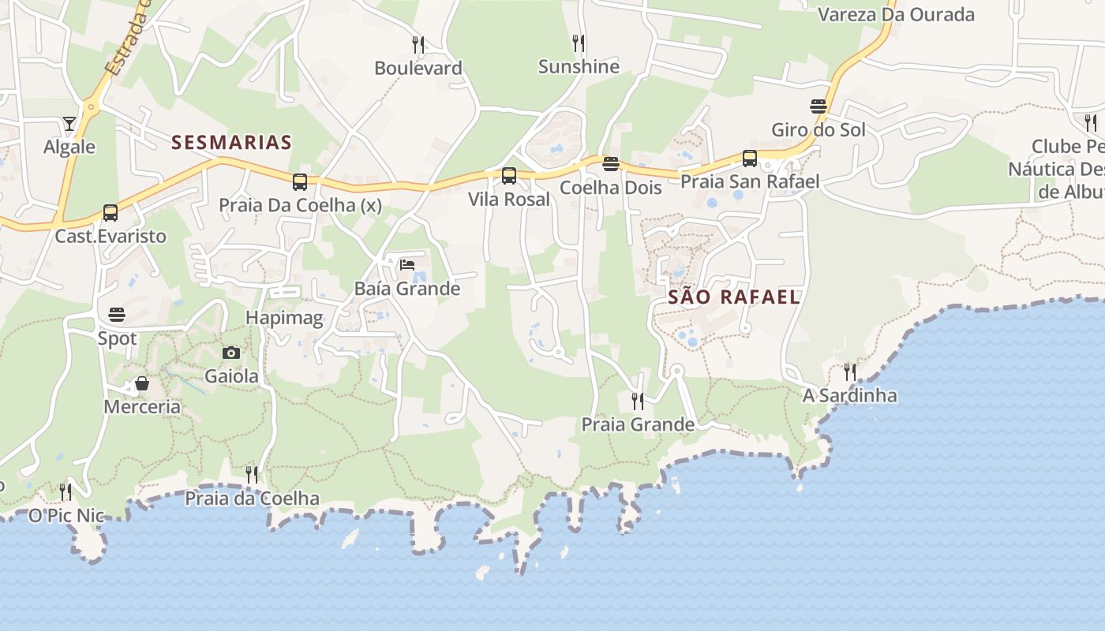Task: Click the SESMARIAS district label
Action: [231, 143]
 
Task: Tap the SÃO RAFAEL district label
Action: [734, 297]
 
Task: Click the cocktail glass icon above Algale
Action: [69, 123]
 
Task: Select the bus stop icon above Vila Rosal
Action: [509, 176]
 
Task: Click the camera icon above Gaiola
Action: [231, 353]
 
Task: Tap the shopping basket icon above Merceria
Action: [142, 383]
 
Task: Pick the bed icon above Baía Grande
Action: [407, 264]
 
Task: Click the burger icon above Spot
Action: [117, 315]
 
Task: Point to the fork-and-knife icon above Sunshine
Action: [579, 43]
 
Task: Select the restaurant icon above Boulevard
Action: [418, 44]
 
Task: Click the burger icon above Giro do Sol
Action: [818, 106]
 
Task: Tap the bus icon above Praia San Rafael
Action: [750, 158]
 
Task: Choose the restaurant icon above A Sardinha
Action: [849, 372]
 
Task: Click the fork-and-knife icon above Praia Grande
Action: [638, 401]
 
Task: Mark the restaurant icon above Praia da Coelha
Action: [252, 474]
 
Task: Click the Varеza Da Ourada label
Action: [896, 14]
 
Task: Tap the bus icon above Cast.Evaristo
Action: [110, 212]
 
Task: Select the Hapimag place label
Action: [284, 319]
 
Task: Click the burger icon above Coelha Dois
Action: [611, 164]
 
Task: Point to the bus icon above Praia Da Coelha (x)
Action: [300, 182]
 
